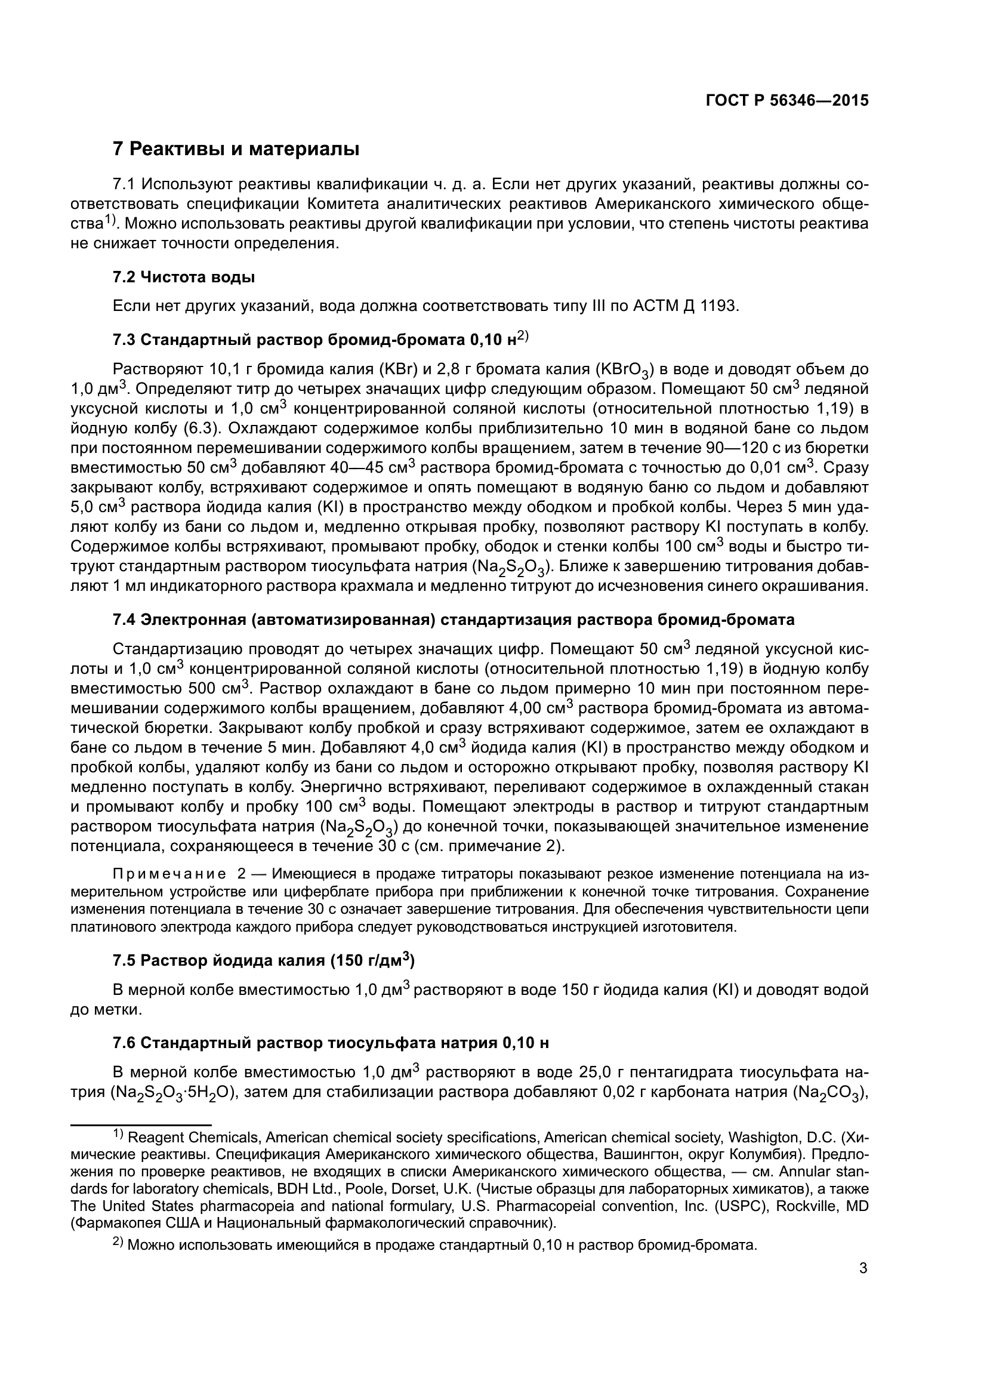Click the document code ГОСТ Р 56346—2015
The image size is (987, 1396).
(x=786, y=101)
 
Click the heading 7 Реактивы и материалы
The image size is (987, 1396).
(x=236, y=149)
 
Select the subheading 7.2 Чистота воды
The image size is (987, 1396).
(x=184, y=278)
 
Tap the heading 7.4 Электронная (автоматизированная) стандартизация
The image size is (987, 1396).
(x=454, y=620)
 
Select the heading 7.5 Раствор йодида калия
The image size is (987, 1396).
(x=264, y=962)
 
